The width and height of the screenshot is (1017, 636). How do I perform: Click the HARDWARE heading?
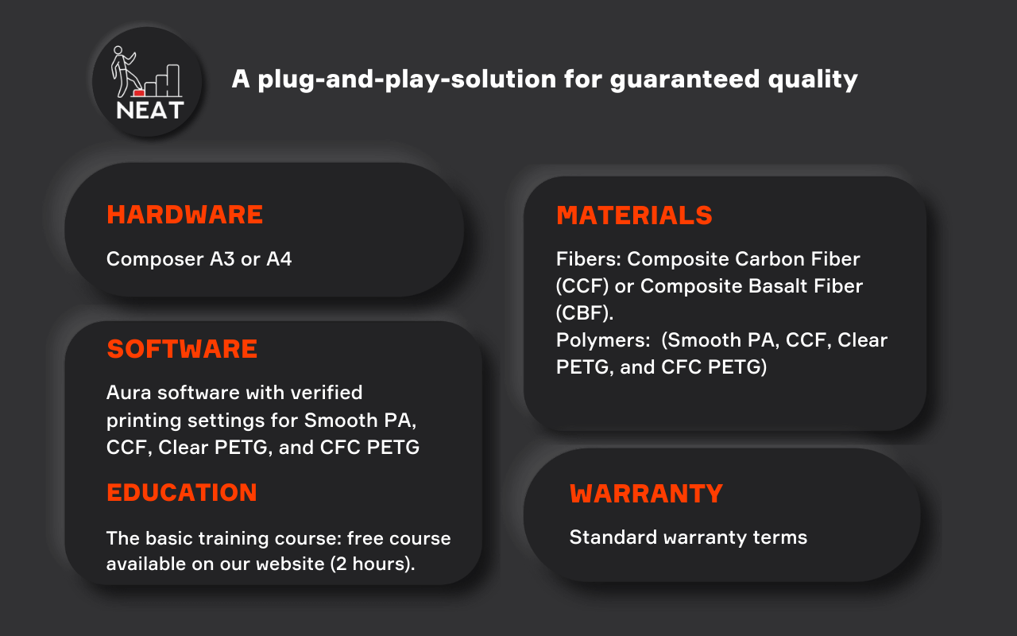click(185, 215)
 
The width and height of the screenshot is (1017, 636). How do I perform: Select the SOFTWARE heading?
click(182, 349)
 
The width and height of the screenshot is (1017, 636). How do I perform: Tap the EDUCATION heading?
click(182, 492)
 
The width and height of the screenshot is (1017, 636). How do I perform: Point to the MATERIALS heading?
click(634, 215)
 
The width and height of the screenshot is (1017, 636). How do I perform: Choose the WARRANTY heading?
click(646, 494)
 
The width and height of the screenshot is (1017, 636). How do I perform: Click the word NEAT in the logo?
click(150, 111)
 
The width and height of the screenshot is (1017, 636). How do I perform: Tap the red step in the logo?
click(139, 93)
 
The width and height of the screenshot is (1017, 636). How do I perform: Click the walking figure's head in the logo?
click(118, 50)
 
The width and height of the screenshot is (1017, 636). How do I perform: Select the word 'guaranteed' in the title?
click(685, 79)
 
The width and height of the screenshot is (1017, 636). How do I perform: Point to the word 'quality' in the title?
click(813, 80)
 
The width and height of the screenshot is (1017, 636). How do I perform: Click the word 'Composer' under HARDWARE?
click(155, 260)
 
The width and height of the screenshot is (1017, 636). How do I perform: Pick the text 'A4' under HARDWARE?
click(279, 259)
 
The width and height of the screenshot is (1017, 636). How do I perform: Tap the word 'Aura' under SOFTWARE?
click(129, 393)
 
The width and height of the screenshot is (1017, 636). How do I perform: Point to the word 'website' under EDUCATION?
click(290, 564)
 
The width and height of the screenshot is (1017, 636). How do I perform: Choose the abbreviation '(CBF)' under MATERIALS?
click(585, 313)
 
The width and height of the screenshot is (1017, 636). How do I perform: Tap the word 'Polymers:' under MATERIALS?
click(603, 340)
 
